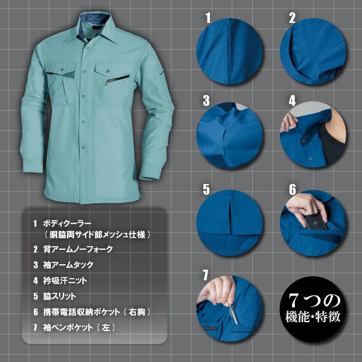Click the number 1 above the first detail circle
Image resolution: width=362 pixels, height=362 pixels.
click(x=208, y=18)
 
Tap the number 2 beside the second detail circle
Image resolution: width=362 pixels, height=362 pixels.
click(x=292, y=18)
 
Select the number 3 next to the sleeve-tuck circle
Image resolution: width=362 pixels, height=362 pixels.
click(x=206, y=100)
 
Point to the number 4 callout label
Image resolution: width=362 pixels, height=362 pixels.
click(x=292, y=100)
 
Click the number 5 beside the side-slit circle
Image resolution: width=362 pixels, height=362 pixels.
click(x=206, y=189)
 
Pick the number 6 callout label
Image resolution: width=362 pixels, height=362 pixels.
click(x=292, y=189)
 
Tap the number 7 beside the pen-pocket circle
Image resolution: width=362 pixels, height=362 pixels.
click(x=206, y=275)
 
